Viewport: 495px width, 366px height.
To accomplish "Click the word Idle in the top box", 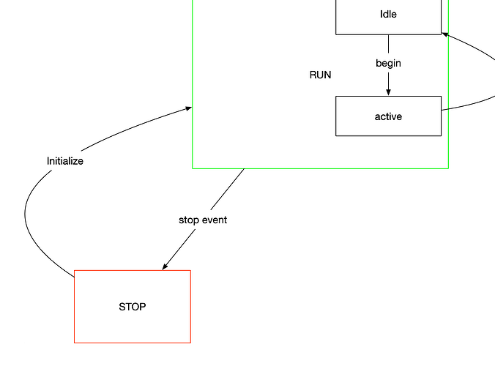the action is (388, 14).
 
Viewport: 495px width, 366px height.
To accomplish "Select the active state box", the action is (388, 116).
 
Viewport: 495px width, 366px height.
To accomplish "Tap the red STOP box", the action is (133, 307).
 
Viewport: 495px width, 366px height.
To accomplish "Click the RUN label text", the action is (321, 75).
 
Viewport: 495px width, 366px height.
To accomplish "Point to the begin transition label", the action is (388, 64).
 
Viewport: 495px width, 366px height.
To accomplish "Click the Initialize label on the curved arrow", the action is (65, 161).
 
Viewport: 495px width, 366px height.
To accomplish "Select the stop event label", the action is (203, 220).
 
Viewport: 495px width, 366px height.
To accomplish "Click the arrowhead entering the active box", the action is (388, 92).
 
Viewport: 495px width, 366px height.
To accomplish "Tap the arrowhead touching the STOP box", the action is (165, 266).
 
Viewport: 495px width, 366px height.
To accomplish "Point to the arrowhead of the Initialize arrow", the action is (188, 108).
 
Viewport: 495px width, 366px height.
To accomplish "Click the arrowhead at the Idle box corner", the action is (445, 34).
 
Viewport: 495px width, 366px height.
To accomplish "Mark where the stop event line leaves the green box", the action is (245, 169).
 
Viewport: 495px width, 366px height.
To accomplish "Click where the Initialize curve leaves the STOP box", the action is (74, 277).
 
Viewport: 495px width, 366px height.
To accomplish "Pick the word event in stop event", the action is (215, 220).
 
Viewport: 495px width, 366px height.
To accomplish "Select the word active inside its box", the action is (388, 116).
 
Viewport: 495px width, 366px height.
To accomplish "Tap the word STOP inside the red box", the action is (133, 307).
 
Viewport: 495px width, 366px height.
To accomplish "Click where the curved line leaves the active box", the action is (442, 110).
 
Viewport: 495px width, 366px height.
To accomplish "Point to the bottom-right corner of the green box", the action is (448, 168).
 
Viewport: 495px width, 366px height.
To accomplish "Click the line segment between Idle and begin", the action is (388, 44).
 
